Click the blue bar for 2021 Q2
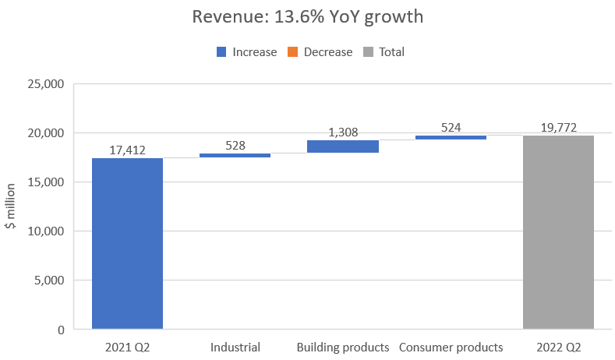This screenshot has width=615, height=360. click(127, 243)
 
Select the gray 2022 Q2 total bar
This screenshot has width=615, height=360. click(557, 232)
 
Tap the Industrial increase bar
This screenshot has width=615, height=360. click(235, 155)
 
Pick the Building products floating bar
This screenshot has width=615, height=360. click(342, 146)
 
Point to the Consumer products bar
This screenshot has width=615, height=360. click(451, 137)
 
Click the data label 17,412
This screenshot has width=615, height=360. click(127, 150)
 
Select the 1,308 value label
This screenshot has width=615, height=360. click(342, 132)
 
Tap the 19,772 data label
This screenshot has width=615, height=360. click(557, 127)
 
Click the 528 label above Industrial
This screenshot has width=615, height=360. click(235, 145)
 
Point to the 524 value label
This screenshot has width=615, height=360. click(451, 127)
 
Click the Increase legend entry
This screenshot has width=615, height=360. click(246, 52)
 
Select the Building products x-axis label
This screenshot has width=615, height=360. click(342, 348)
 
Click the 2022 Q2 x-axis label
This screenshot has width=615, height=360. click(557, 348)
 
